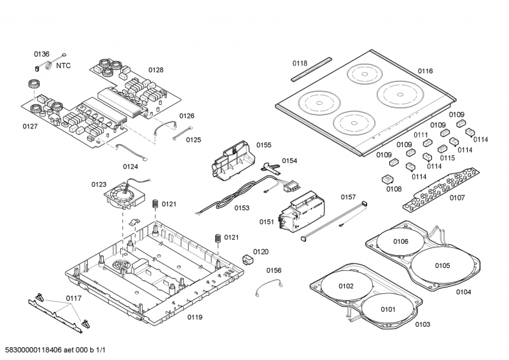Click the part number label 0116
click(425, 71)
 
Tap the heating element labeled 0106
click(400, 242)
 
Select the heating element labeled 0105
click(442, 266)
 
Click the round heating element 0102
click(345, 287)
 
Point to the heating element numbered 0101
click(388, 310)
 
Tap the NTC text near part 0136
click(63, 66)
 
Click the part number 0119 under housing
click(195, 317)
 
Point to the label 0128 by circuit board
click(156, 70)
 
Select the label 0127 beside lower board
click(30, 127)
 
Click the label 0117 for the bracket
click(74, 298)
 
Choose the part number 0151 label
click(267, 222)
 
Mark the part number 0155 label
click(264, 145)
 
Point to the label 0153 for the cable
click(241, 208)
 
